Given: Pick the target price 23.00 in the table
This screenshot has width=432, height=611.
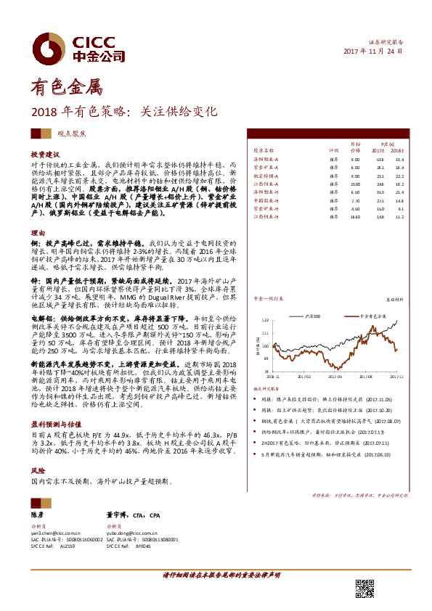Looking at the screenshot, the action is click(355, 185).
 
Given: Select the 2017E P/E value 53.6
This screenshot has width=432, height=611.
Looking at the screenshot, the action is click(379, 158).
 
